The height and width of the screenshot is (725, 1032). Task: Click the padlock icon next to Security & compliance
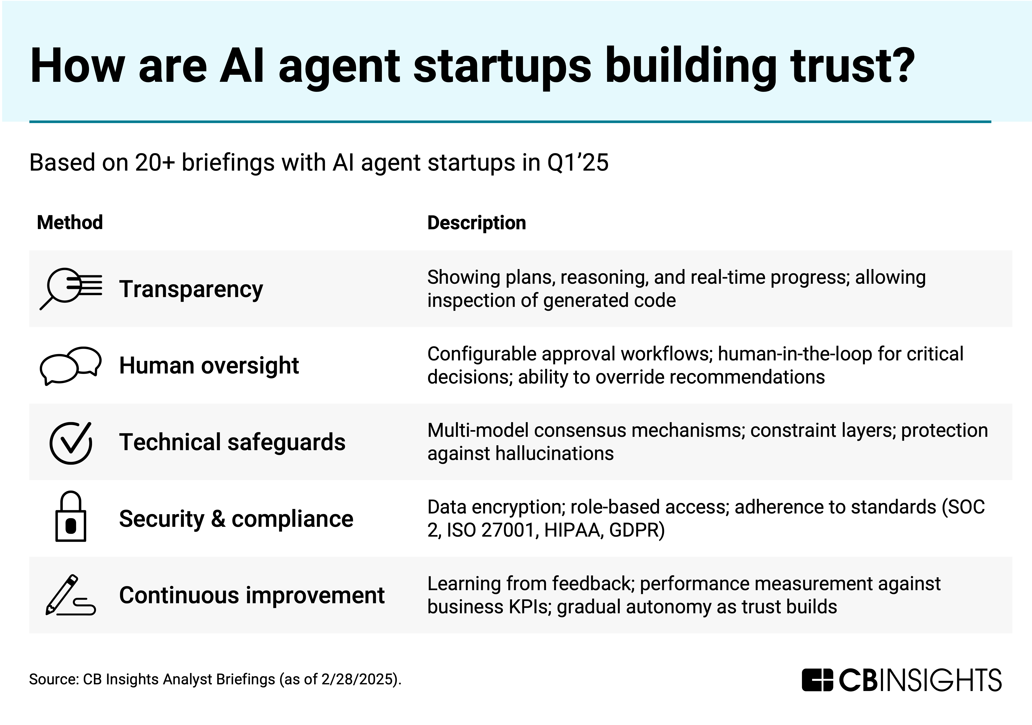tap(71, 516)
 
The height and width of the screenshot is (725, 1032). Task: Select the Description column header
tap(477, 223)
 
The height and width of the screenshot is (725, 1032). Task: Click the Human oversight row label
tap(209, 365)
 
